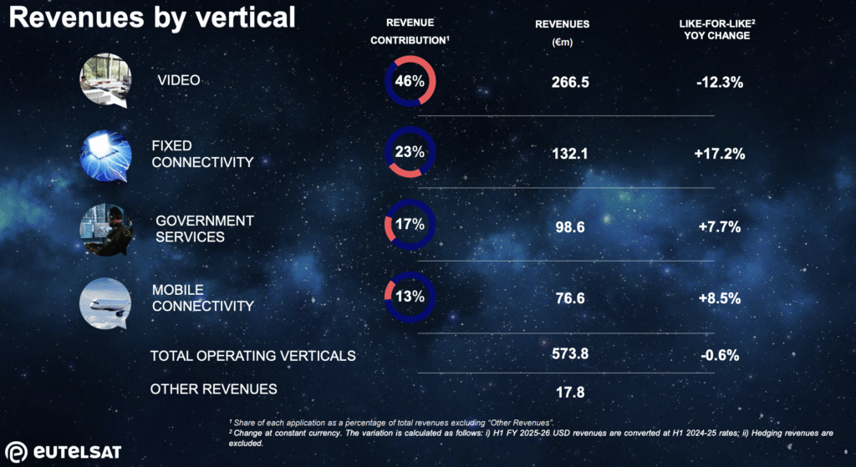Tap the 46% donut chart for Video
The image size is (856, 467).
410,82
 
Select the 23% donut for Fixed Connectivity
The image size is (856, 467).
410,153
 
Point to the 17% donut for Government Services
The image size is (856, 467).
410,225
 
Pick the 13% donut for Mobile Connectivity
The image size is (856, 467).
410,296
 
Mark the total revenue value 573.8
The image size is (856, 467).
570,353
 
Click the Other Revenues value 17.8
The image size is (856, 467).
570,390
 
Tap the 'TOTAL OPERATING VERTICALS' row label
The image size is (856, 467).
252,356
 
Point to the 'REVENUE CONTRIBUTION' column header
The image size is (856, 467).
410,30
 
